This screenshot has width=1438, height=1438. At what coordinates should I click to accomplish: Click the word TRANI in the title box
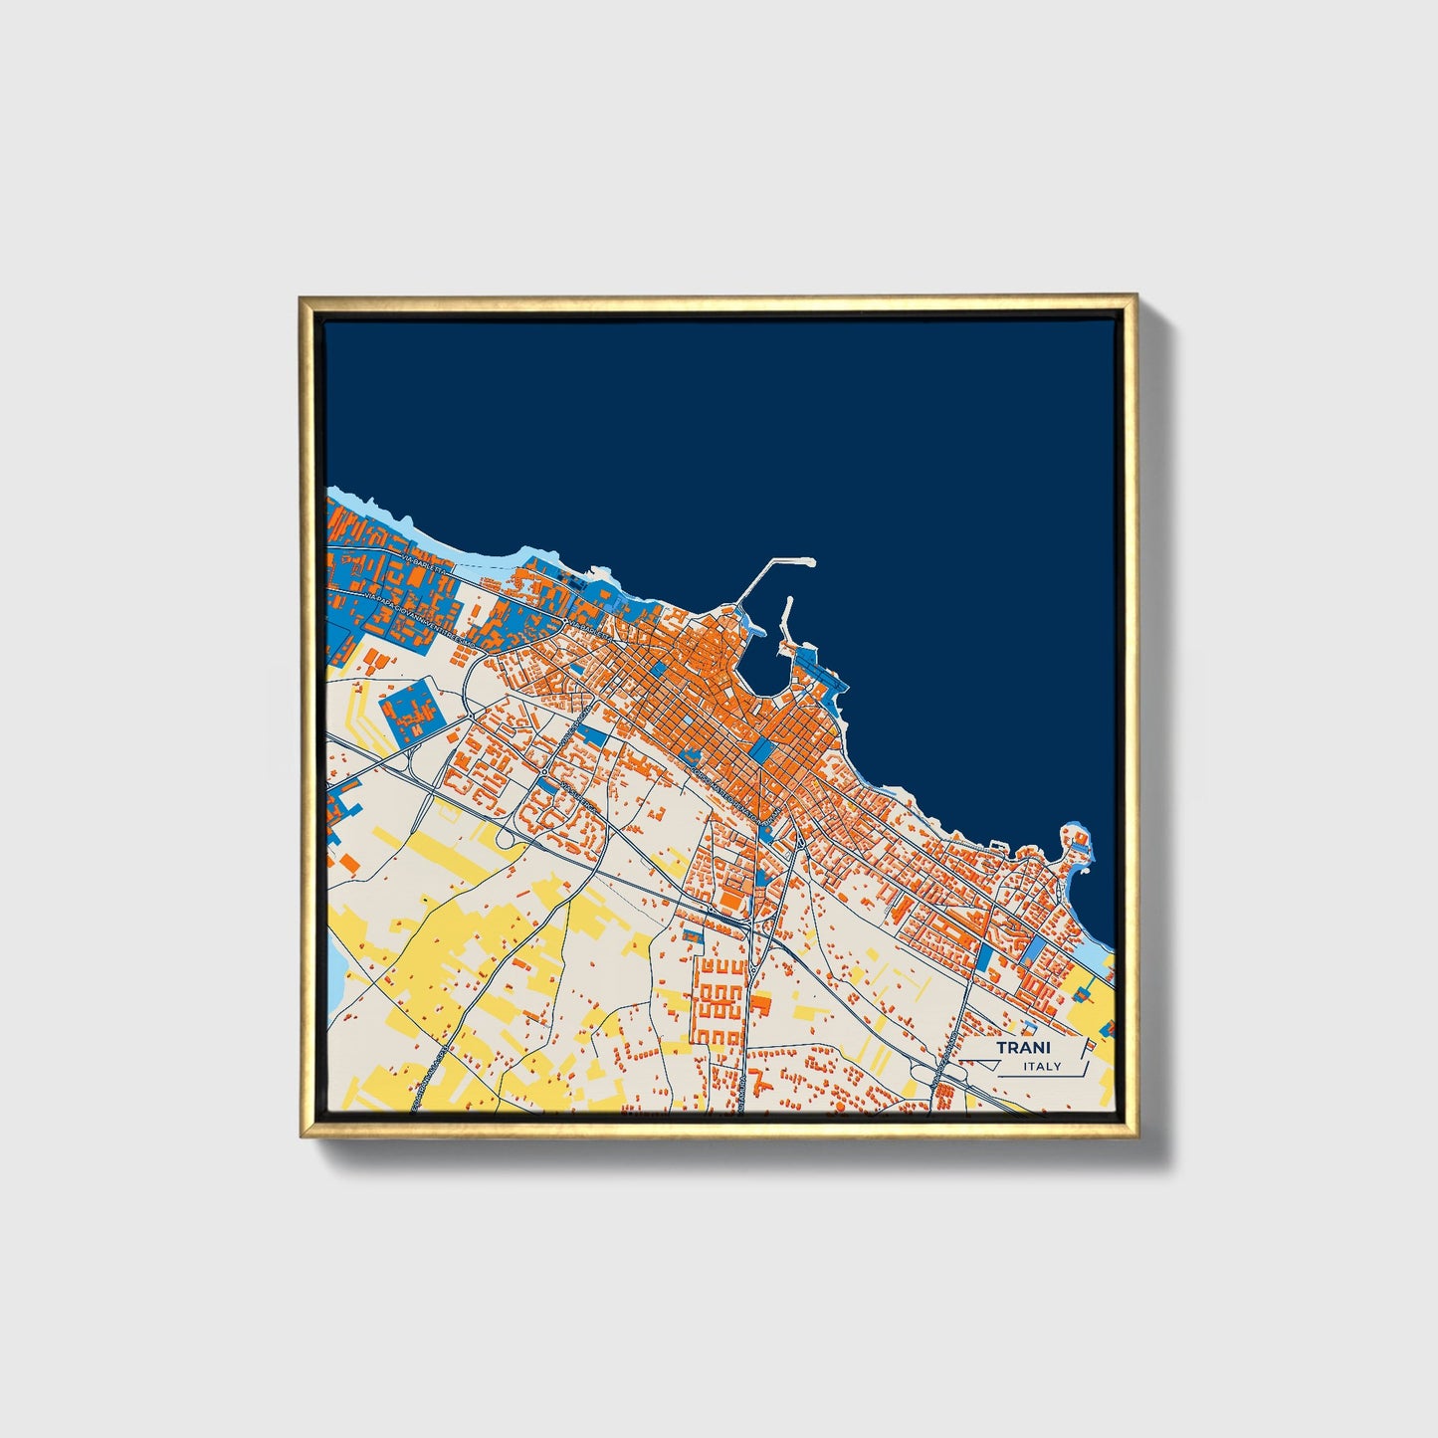pos(1023,1048)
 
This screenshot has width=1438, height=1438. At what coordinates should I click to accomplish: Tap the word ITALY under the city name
pos(1042,1067)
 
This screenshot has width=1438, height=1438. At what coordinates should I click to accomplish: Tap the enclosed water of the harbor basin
pos(766,677)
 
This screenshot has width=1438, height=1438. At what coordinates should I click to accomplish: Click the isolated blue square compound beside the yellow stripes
pos(409,708)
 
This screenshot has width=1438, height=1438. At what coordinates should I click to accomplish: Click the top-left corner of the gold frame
pos(300,297)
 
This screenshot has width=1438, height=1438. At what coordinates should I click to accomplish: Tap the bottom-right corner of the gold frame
pos(1136,1136)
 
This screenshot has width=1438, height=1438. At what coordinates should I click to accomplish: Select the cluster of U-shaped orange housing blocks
pos(718,1000)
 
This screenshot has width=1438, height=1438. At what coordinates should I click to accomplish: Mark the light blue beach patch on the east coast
pos(1100,961)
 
